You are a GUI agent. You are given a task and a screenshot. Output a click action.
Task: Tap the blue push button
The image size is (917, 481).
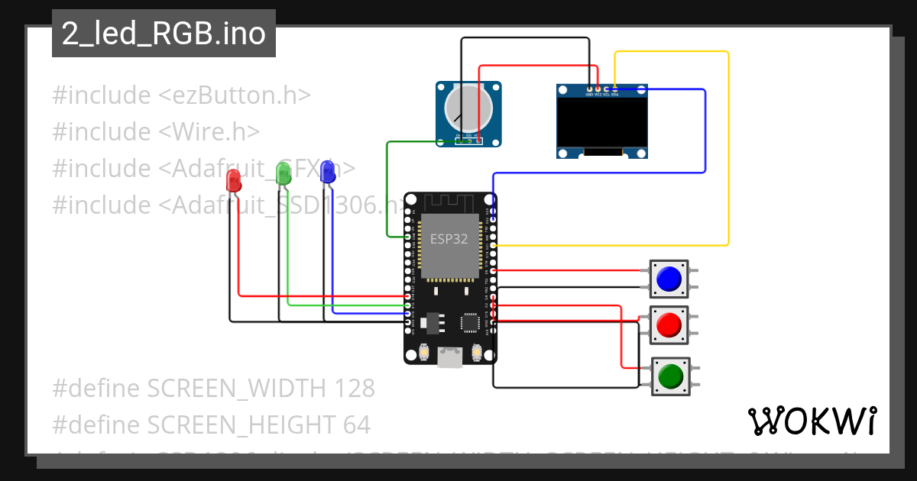[669, 279]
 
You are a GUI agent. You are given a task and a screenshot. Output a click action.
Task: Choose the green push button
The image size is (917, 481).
[670, 376]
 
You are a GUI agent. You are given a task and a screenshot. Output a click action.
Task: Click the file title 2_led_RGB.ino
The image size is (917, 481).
[164, 34]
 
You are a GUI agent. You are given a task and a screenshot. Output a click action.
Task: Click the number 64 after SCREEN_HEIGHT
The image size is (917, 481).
[355, 425]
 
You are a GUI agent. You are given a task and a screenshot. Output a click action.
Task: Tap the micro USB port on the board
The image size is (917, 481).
[451, 357]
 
